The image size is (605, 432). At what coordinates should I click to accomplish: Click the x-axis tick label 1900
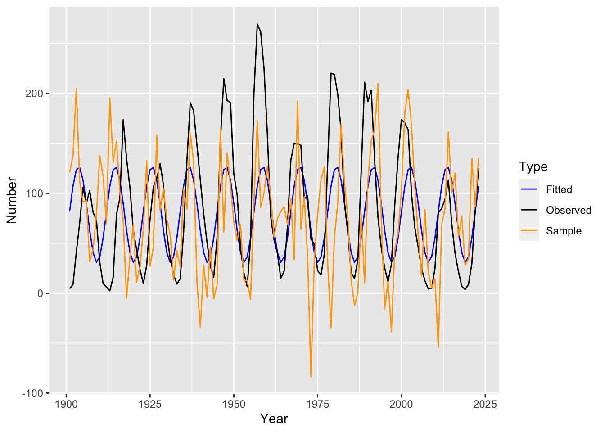66,404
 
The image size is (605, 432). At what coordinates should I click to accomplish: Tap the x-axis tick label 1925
150,404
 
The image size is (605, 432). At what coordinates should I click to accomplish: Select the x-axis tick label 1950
234,404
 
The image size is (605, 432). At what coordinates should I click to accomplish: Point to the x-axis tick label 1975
317,404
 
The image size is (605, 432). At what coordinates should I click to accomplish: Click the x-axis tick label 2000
401,404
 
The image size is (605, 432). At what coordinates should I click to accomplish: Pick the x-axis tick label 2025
485,404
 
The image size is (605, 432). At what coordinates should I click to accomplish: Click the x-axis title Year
274,419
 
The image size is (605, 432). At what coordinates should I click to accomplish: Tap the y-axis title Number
12,200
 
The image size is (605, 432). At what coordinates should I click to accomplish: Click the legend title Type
533,167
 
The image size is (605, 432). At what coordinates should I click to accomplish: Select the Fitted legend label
559,189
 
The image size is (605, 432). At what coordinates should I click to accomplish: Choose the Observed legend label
569,210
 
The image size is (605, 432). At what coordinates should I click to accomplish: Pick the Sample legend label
564,231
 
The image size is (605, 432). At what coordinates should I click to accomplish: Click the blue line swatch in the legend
528,189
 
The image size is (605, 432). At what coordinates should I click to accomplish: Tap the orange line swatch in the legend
528,231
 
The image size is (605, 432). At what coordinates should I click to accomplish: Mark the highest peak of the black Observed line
257,24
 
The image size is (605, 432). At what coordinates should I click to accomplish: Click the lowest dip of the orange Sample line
311,376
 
